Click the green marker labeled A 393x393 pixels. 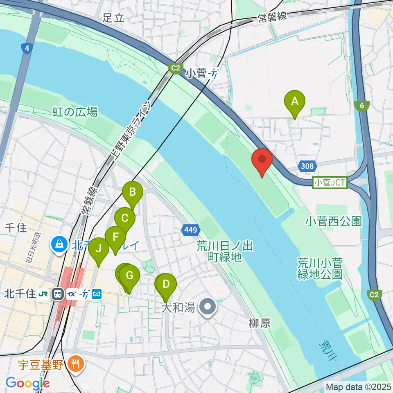point(294,101)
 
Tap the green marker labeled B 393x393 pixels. point(133,192)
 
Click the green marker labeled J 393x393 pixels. point(98,248)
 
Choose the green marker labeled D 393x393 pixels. point(166,284)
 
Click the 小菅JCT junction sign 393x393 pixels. point(330,182)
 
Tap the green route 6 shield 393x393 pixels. point(361,106)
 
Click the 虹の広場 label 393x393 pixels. point(75,112)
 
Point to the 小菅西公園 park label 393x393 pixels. point(334,221)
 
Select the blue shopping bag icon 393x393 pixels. point(60,245)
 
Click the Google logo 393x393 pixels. point(27,383)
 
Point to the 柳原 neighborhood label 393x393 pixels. point(260,323)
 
